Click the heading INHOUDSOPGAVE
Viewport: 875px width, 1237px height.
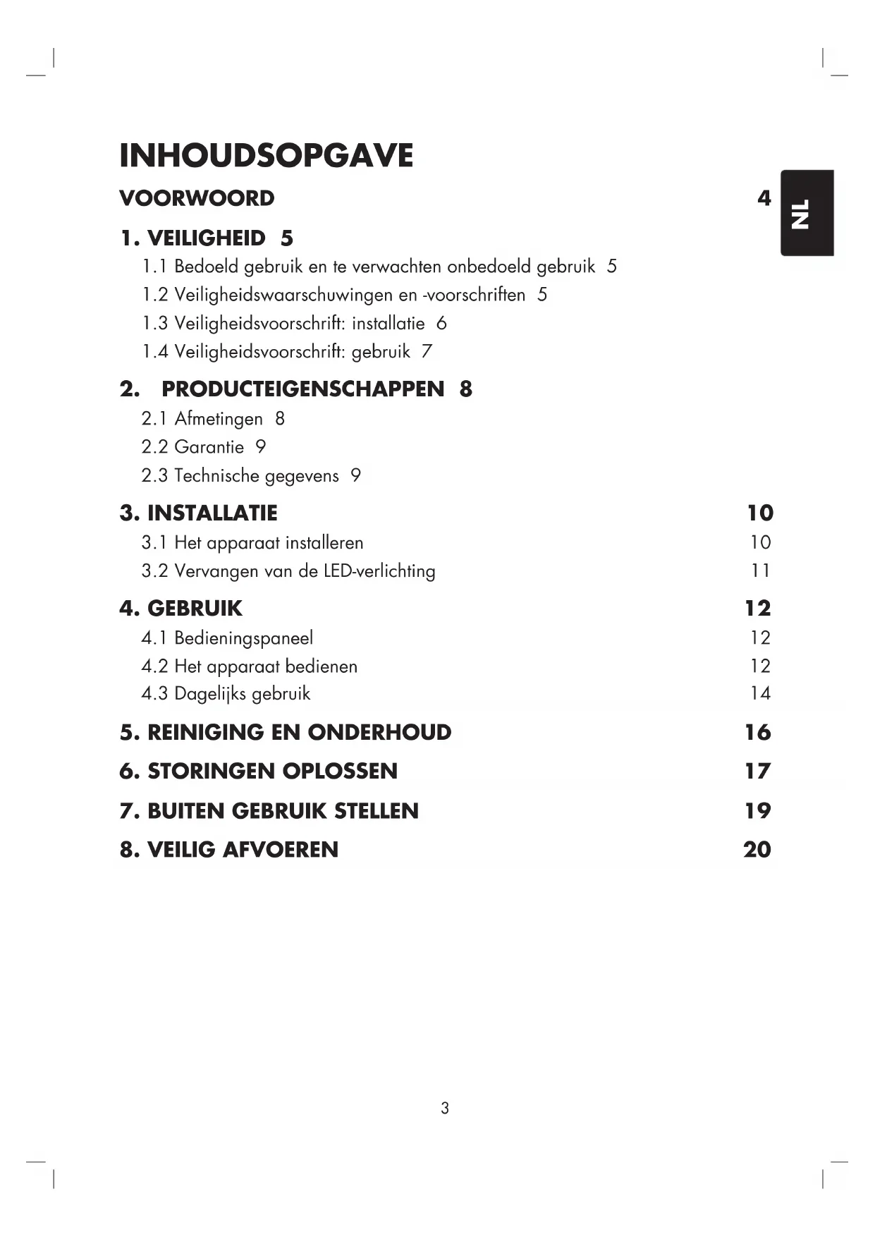pyautogui.click(x=266, y=155)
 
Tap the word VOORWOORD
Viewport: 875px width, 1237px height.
pyautogui.click(x=197, y=198)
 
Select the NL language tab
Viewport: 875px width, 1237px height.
pyautogui.click(x=806, y=213)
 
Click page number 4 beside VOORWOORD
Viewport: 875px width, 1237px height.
pyautogui.click(x=764, y=198)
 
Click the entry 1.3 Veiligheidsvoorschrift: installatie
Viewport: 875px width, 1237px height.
pyautogui.click(x=283, y=324)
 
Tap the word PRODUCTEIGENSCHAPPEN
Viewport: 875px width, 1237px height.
pyautogui.click(x=303, y=389)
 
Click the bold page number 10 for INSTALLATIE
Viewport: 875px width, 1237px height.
pyautogui.click(x=760, y=513)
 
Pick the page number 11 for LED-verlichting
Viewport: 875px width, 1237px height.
pyautogui.click(x=760, y=571)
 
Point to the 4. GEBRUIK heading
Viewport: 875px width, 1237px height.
pyautogui.click(x=180, y=608)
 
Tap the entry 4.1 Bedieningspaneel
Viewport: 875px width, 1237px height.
pyautogui.click(x=227, y=638)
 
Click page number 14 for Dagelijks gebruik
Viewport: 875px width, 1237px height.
pyautogui.click(x=760, y=694)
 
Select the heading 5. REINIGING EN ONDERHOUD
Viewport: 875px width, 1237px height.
pyautogui.click(x=286, y=732)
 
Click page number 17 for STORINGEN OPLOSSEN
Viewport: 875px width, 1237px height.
pyautogui.click(x=758, y=771)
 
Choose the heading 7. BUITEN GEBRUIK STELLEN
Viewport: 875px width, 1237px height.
pyautogui.click(x=269, y=811)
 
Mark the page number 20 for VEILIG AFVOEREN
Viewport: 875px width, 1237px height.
pyautogui.click(x=757, y=850)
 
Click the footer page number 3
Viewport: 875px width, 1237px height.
pyautogui.click(x=444, y=1108)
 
